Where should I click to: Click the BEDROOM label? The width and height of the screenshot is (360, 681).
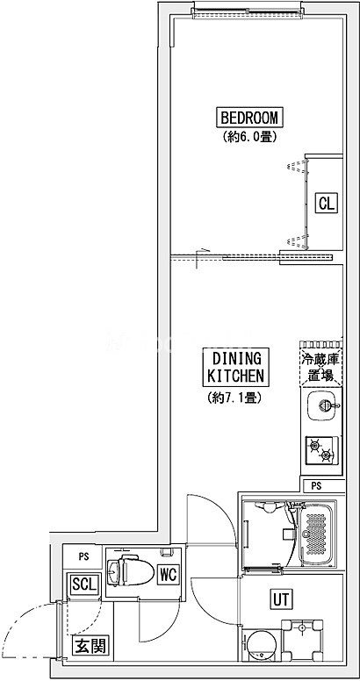[249, 118]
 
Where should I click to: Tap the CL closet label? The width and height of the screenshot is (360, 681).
[327, 203]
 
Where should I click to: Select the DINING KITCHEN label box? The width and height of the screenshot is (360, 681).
[235, 368]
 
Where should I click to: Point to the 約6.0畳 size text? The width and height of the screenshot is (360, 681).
[250, 137]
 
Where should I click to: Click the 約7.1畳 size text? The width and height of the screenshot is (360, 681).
[234, 397]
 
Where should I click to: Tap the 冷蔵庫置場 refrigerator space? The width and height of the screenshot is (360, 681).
[321, 367]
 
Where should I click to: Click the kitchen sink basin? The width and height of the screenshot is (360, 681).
[322, 406]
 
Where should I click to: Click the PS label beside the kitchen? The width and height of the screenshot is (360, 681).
[316, 486]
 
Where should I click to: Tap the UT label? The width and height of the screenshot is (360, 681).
[280, 599]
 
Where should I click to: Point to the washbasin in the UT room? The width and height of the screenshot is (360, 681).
[302, 640]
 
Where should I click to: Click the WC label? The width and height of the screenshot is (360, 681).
[168, 575]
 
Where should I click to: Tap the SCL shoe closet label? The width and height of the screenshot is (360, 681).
[84, 584]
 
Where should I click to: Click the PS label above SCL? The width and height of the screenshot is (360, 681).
[84, 556]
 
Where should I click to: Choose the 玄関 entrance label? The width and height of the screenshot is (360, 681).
[90, 647]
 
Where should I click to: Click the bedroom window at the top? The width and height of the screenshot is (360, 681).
[248, 14]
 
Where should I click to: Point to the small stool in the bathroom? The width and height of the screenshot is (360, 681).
[287, 534]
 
